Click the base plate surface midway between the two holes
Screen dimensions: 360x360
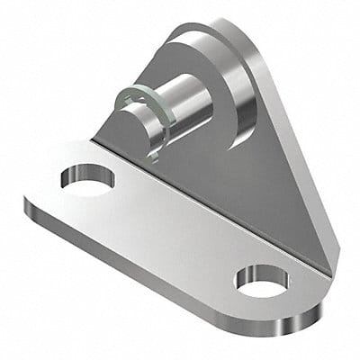(x=171, y=225)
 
